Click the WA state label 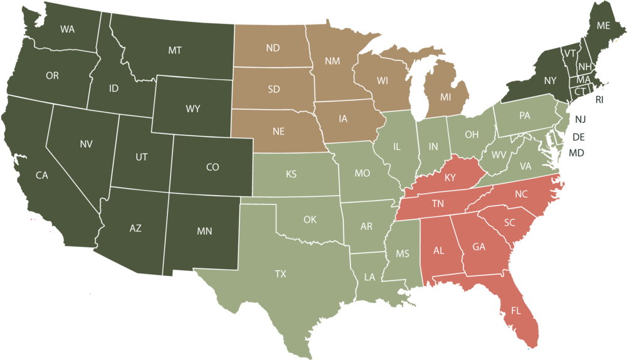pos(67,29)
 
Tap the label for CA pos(41,176)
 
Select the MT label pos(175,50)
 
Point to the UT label pos(142,157)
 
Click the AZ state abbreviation pos(135,228)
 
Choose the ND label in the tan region pos(273,48)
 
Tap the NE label pos(278,132)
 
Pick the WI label pos(382,81)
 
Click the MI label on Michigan pos(445,97)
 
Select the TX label pos(280,274)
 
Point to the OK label pos(310,220)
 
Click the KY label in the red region pos(450,177)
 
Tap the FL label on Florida pos(516,310)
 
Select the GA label pos(479,247)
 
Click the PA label pos(525,116)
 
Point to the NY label pos(550,81)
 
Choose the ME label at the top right pos(603,26)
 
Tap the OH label pos(472,135)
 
